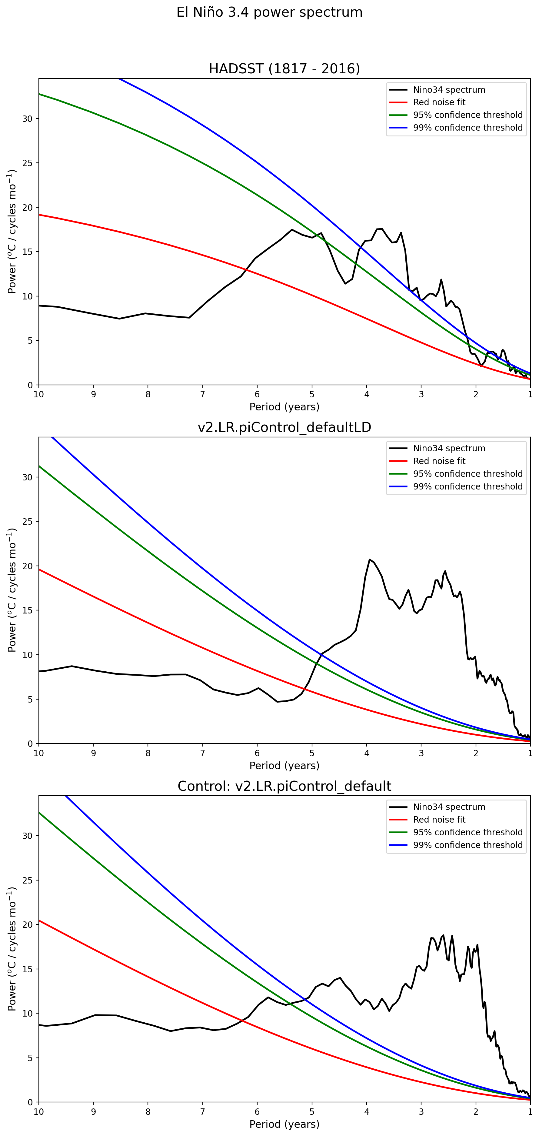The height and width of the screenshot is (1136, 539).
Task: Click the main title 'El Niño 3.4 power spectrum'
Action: [x=269, y=12]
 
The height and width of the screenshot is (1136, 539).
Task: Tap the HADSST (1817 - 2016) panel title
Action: [x=284, y=69]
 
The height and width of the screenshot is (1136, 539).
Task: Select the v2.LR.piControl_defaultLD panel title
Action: [x=284, y=427]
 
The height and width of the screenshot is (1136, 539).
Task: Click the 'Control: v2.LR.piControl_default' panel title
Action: [x=284, y=786]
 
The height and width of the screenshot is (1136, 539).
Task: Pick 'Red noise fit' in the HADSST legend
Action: [x=439, y=102]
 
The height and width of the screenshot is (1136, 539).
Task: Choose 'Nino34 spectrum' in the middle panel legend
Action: [x=449, y=449]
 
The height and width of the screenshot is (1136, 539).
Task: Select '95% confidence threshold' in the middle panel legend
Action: [x=467, y=474]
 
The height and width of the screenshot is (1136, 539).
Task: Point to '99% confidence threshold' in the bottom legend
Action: [x=467, y=845]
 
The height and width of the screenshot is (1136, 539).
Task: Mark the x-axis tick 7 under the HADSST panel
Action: [x=203, y=394]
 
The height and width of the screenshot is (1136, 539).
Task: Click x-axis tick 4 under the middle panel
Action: [x=367, y=753]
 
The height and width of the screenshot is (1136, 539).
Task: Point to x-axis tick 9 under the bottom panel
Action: [x=93, y=1112]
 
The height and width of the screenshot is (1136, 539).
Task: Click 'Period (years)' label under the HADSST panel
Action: [x=284, y=406]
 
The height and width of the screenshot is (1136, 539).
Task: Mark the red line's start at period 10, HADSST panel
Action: [x=39, y=215]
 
